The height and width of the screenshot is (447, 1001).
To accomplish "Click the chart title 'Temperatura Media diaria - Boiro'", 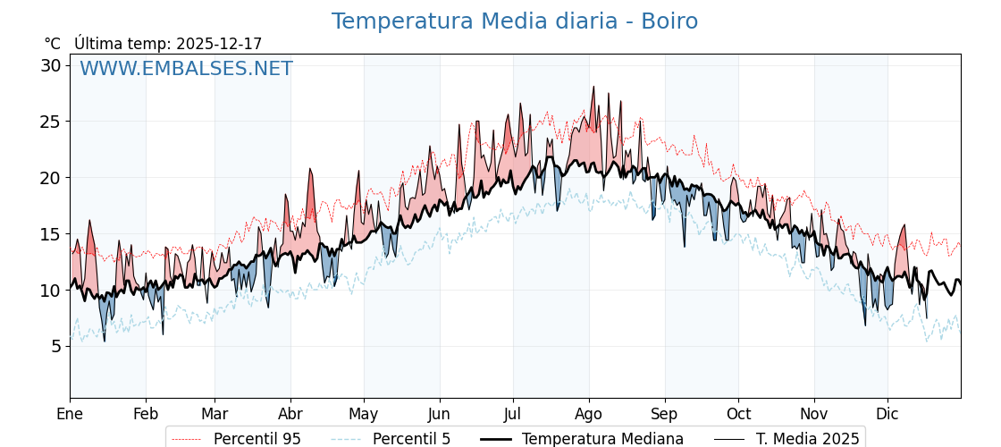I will click(514, 21).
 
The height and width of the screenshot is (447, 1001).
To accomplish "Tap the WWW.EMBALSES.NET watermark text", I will click(186, 69).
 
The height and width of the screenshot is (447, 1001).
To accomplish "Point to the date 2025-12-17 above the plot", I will click(219, 44).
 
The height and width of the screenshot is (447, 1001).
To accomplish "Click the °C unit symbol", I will click(53, 44).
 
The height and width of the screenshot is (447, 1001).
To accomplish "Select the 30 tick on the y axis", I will click(50, 65).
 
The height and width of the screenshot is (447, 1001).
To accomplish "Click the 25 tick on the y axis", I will click(50, 122).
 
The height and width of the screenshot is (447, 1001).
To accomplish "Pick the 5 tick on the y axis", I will click(55, 346).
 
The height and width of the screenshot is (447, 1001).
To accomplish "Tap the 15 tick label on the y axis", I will click(50, 234).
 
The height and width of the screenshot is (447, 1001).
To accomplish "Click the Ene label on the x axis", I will click(70, 414).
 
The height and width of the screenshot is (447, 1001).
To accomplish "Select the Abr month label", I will click(290, 414).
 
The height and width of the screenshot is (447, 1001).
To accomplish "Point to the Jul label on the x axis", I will click(513, 414).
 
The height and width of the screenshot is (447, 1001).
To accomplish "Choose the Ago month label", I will click(589, 414).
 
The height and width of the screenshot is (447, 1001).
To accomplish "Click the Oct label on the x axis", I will click(738, 414).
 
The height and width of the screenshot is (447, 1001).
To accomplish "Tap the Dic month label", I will click(887, 414).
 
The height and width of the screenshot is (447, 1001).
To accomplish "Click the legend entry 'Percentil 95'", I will click(257, 439).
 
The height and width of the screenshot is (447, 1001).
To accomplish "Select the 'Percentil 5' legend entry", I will click(411, 439).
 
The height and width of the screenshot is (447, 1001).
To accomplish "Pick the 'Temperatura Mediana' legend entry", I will click(602, 439).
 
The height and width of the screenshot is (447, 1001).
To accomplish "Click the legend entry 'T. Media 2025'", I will click(807, 439).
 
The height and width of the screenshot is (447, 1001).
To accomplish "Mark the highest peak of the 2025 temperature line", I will click(593, 87).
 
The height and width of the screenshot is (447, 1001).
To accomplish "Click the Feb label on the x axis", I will click(146, 414).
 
